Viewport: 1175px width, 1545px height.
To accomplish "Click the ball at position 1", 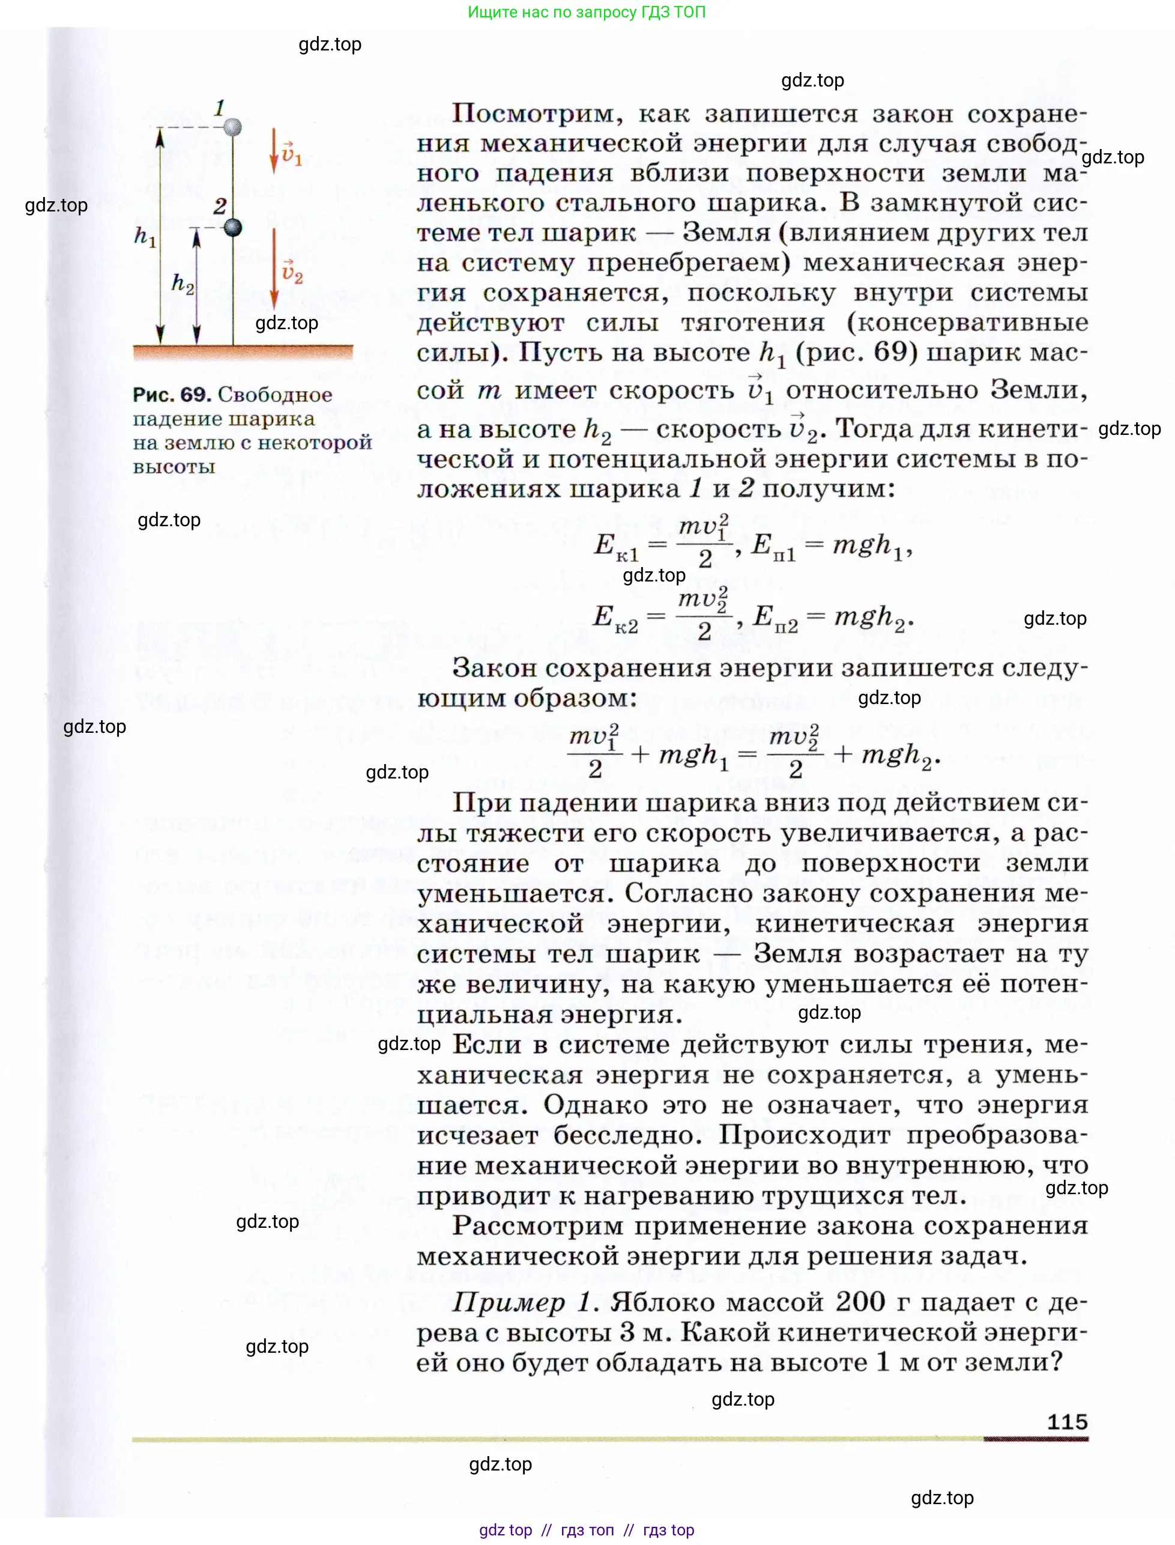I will [x=232, y=127].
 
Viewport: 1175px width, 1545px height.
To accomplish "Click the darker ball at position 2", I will [x=232, y=228].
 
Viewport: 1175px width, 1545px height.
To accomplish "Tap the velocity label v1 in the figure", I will [x=292, y=154].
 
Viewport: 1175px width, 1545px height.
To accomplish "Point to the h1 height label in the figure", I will [x=145, y=237].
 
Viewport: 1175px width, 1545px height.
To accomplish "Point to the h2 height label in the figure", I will [x=183, y=283].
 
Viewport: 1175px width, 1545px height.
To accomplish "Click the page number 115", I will [x=1068, y=1422].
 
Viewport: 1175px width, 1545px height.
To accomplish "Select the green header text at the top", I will [x=586, y=12].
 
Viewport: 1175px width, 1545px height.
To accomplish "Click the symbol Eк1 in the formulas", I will [x=615, y=547].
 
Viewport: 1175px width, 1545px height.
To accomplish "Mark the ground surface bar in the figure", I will [x=243, y=352].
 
